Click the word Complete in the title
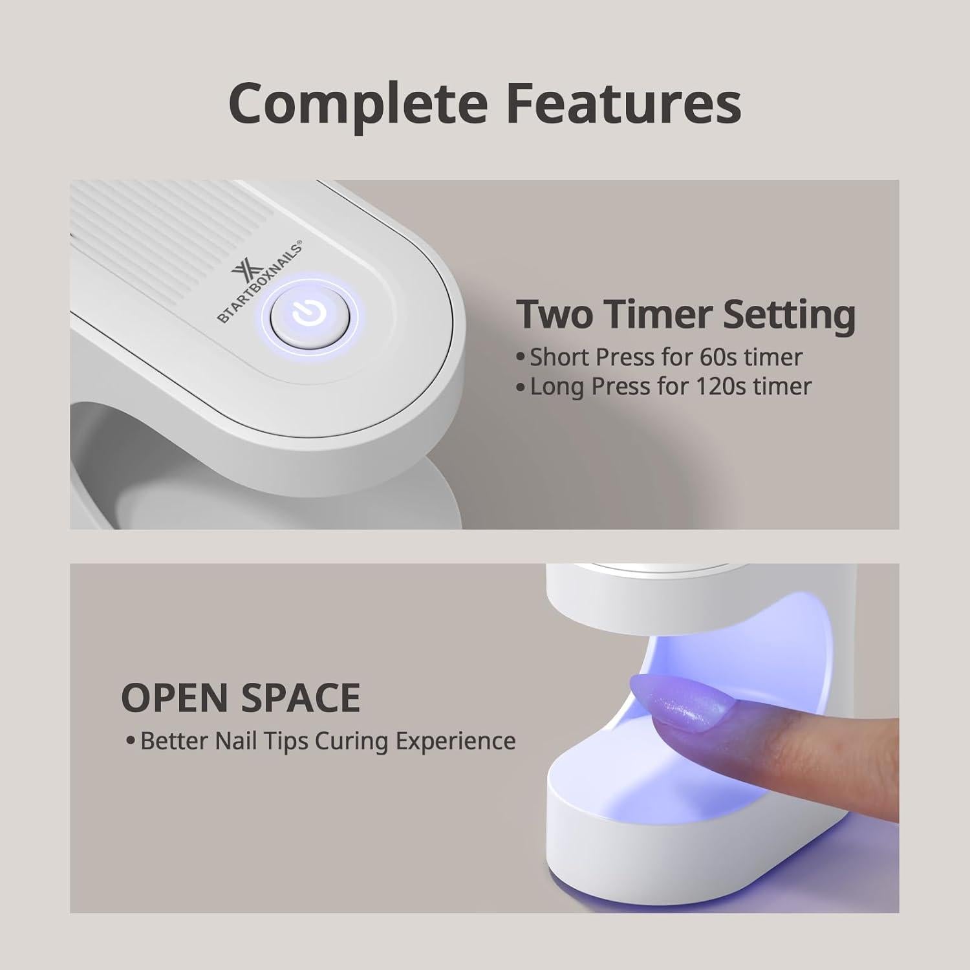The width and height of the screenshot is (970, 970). (x=358, y=103)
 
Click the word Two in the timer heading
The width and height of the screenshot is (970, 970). (x=555, y=315)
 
